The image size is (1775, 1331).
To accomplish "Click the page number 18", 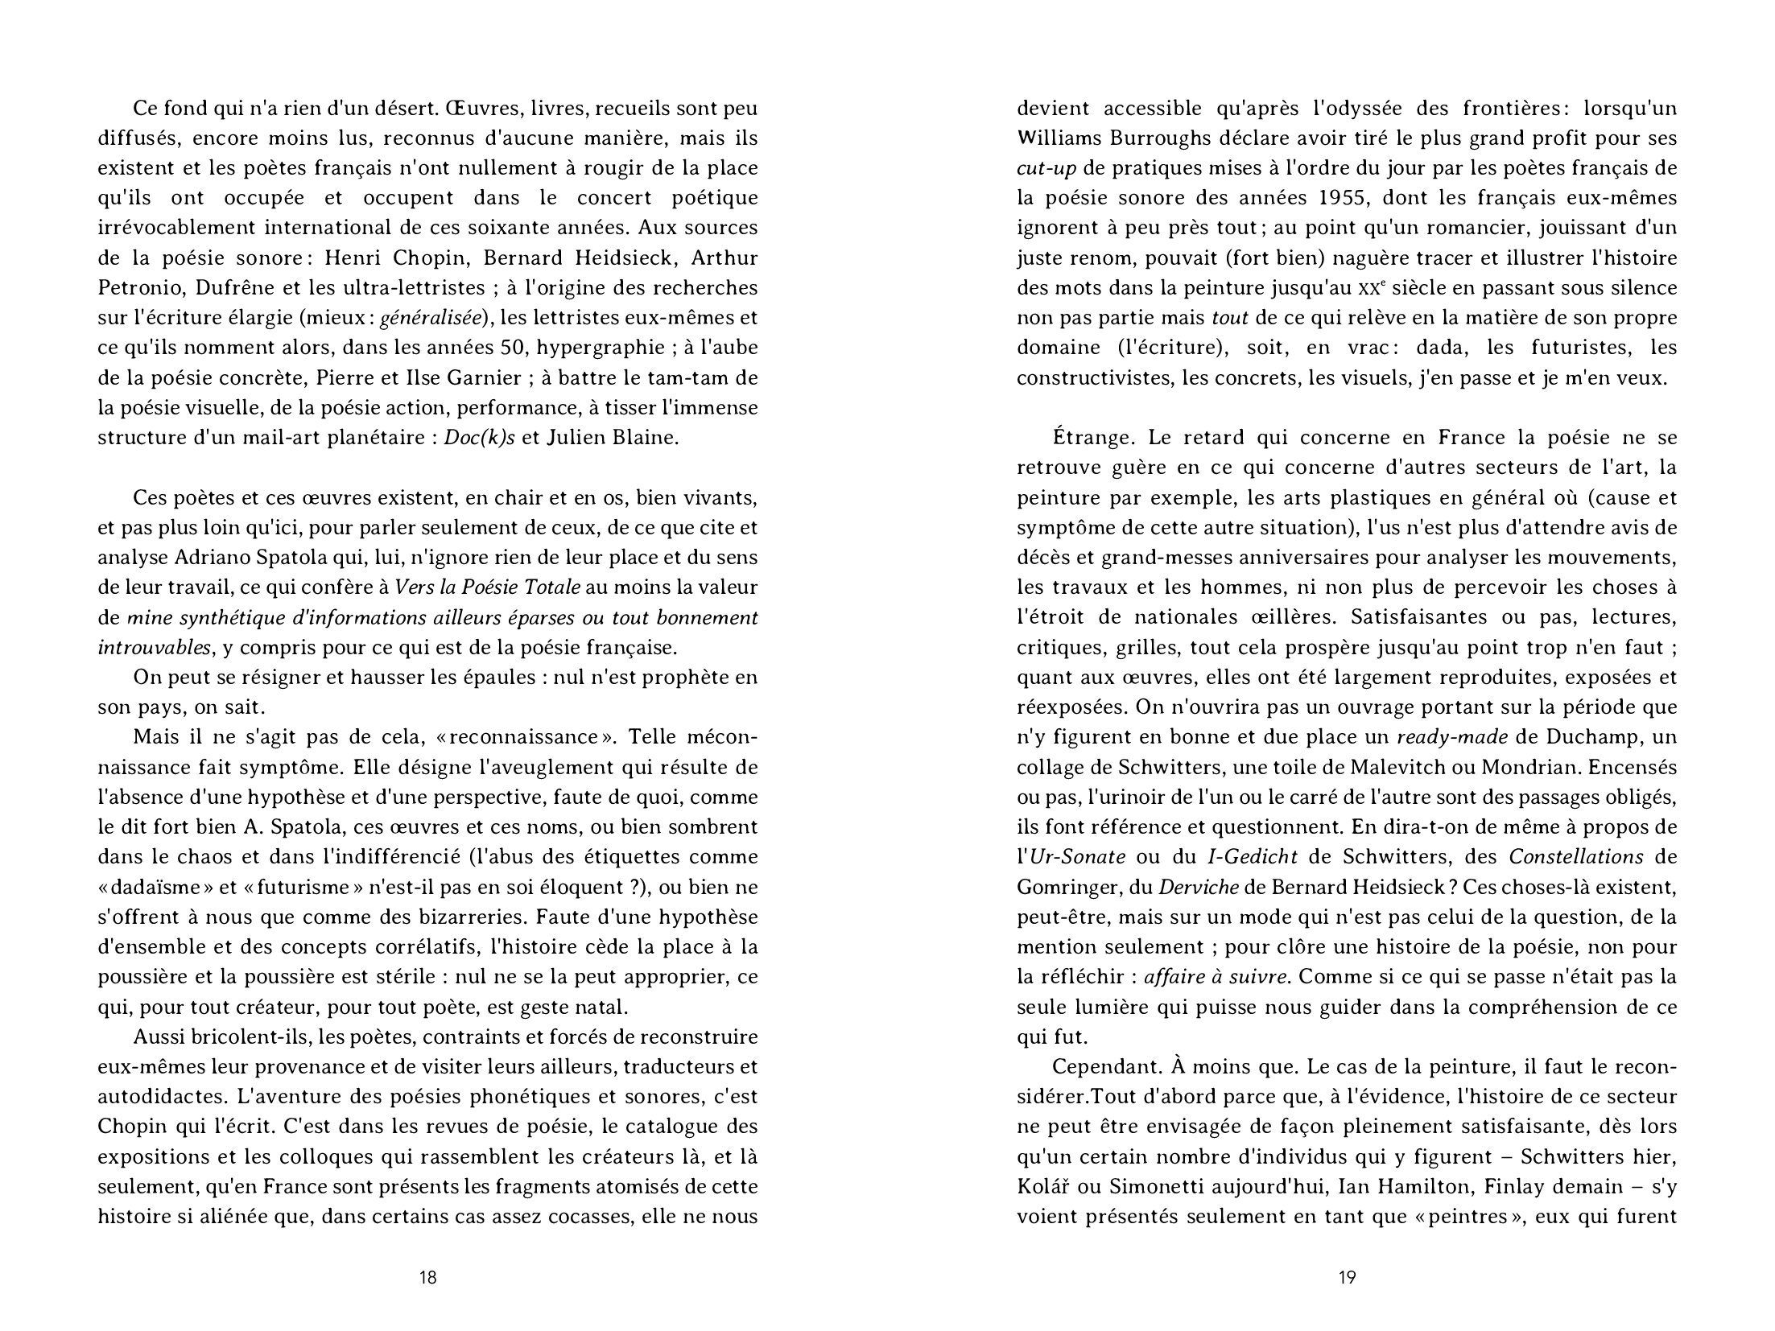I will tap(428, 1277).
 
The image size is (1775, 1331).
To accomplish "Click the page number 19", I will tap(1347, 1277).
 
